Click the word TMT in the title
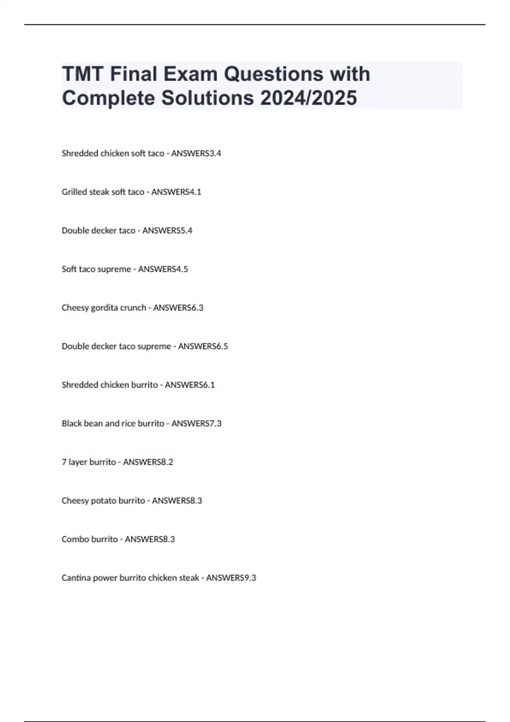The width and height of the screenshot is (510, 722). (83, 74)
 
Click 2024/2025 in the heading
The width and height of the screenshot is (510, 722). (309, 98)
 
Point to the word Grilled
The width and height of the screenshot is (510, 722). (74, 192)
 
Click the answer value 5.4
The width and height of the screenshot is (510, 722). (187, 231)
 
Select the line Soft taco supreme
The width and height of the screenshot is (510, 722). (96, 269)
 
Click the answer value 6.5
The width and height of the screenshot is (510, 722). (222, 347)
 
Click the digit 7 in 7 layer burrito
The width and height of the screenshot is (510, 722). (64, 462)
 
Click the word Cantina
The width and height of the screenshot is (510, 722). (76, 578)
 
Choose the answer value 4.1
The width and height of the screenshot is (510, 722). (195, 192)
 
